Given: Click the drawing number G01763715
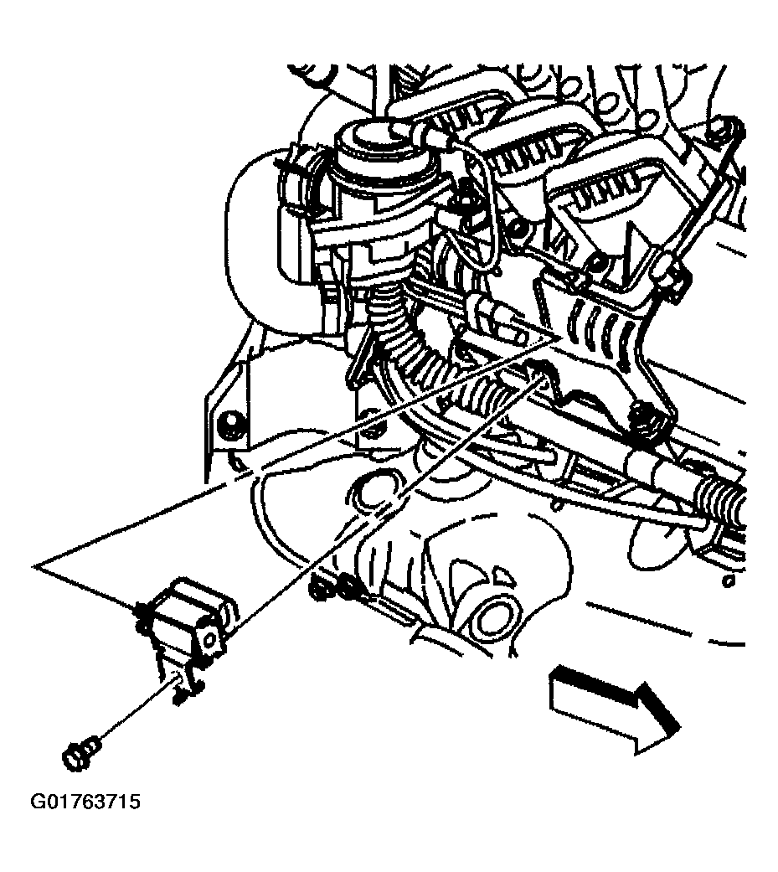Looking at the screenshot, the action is [x=85, y=802].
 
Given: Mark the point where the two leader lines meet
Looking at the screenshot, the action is [x=35, y=566].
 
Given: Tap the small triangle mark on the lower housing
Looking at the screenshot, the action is [x=500, y=575].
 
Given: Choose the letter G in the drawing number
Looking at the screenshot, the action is [x=37, y=802].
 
